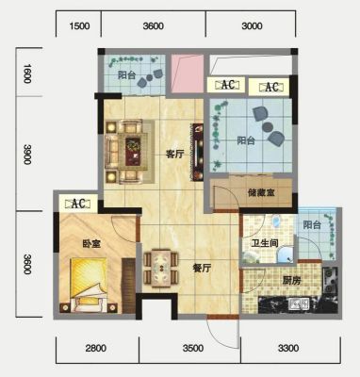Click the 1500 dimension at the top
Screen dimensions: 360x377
[x=79, y=25]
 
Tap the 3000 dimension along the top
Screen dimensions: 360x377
[x=252, y=25]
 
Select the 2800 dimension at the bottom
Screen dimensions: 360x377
[x=96, y=348]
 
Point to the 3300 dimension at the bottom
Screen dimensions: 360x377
[x=288, y=348]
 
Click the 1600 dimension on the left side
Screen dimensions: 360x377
[x=27, y=74]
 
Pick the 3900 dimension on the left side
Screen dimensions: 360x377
[x=27, y=155]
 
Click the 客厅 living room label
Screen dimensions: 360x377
[x=174, y=155]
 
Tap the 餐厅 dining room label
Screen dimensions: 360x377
[x=202, y=268]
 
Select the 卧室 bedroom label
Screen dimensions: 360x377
[x=91, y=243]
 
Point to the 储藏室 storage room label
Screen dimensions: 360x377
[x=261, y=192]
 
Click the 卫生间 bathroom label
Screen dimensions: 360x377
[x=265, y=243]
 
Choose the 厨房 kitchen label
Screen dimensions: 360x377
[x=291, y=281]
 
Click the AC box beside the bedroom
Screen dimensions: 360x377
[x=79, y=204]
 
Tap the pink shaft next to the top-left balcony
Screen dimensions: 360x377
[x=188, y=74]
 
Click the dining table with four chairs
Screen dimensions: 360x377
[x=161, y=268]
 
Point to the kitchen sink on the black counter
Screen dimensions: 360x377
[x=299, y=304]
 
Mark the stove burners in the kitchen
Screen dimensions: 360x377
[x=330, y=281]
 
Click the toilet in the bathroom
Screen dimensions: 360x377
[x=276, y=221]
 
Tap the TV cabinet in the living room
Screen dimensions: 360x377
[x=196, y=152]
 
